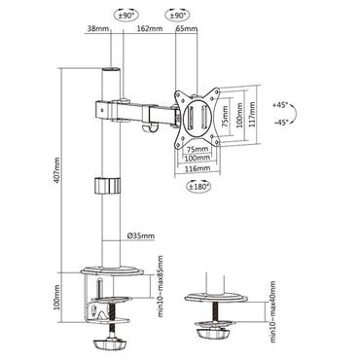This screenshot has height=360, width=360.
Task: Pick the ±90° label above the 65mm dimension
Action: pyautogui.click(x=177, y=17)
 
